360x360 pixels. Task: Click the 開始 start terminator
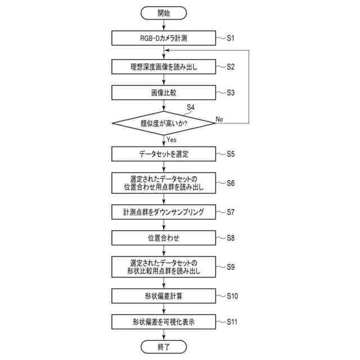point(163,12)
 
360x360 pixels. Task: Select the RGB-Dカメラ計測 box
point(163,39)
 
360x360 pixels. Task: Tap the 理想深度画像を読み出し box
point(163,67)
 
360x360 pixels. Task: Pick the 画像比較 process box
point(163,93)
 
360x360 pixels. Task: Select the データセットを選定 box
point(163,153)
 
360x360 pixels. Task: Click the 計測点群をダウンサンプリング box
point(163,212)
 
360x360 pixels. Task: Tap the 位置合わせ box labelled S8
point(163,238)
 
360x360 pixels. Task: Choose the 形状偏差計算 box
point(163,295)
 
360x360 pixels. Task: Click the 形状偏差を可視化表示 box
point(163,322)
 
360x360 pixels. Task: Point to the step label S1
point(231,38)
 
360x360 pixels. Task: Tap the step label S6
point(231,183)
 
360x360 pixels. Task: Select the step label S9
point(231,267)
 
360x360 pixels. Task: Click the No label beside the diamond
point(220,119)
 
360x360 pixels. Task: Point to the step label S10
point(232,295)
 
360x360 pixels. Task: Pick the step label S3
point(231,93)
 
